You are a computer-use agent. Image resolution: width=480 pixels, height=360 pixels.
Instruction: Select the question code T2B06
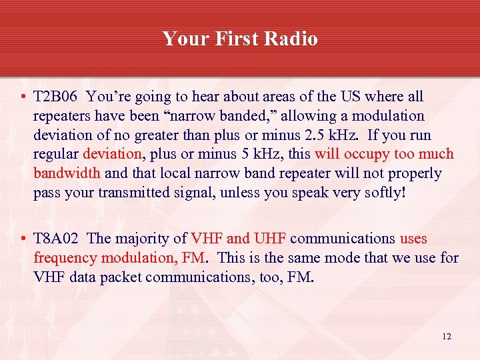pos(56,97)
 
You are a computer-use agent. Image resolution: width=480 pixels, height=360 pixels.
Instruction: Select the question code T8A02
pos(57,239)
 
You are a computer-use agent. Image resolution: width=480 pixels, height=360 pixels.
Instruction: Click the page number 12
pos(446,337)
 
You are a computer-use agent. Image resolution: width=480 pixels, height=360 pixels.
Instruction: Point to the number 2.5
pos(304,135)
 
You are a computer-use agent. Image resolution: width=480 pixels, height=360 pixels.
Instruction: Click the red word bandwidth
pos(67,174)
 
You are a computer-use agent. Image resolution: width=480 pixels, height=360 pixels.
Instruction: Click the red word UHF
pos(270,239)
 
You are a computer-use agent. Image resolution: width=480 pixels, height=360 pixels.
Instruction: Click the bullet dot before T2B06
pos(23,97)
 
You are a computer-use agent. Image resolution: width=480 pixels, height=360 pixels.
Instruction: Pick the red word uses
pos(413,239)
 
